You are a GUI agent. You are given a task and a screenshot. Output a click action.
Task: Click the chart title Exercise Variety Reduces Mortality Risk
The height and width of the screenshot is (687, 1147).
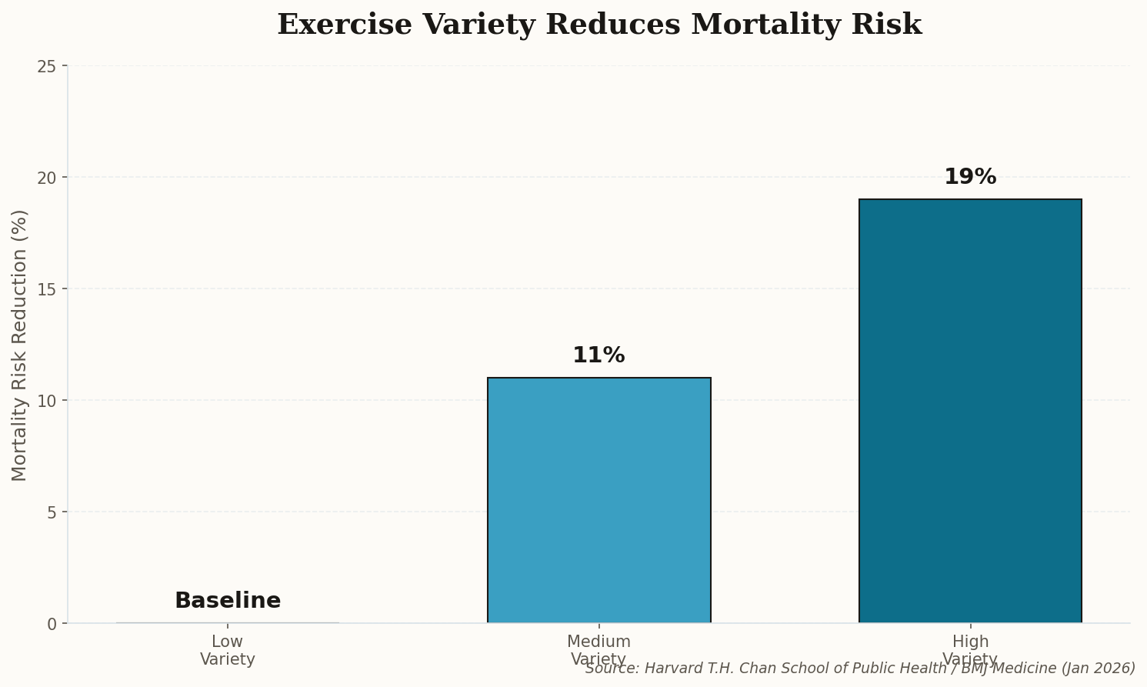pyautogui.click(x=599, y=25)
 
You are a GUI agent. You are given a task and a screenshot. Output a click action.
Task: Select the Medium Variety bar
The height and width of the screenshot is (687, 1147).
pyautogui.click(x=599, y=500)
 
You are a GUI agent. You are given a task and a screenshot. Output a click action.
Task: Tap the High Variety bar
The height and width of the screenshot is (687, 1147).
pyautogui.click(x=970, y=411)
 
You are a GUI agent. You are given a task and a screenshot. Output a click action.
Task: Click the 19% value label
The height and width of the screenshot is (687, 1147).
pyautogui.click(x=970, y=177)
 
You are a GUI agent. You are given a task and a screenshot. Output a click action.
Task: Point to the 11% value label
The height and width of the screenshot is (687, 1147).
pyautogui.click(x=599, y=355)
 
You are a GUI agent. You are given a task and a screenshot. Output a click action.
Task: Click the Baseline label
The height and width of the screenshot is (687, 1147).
pyautogui.click(x=228, y=601)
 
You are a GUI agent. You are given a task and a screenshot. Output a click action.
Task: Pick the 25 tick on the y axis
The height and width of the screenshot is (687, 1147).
pyautogui.click(x=47, y=66)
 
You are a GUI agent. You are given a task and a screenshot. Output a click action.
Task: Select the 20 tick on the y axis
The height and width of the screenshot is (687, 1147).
pyautogui.click(x=47, y=178)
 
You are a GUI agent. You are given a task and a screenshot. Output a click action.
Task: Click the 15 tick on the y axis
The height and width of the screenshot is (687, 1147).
pyautogui.click(x=47, y=289)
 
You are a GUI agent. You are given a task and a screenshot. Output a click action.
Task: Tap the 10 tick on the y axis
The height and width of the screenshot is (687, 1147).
pyautogui.click(x=47, y=401)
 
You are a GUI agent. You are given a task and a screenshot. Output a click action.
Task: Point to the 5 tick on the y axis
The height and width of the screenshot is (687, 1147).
pyautogui.click(x=52, y=512)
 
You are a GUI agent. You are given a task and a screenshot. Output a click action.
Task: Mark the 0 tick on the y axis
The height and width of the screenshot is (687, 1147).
pyautogui.click(x=52, y=624)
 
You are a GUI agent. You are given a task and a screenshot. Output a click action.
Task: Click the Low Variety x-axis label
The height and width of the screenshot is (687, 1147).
pyautogui.click(x=228, y=650)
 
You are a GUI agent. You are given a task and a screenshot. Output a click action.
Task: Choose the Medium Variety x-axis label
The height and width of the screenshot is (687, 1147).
pyautogui.click(x=599, y=650)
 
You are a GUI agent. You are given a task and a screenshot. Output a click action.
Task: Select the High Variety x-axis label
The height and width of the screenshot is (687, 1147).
pyautogui.click(x=970, y=650)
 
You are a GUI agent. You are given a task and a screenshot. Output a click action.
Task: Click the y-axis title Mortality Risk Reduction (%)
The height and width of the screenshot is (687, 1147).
pyautogui.click(x=20, y=345)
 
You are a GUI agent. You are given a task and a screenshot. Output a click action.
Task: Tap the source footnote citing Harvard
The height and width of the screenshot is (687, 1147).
pyautogui.click(x=860, y=668)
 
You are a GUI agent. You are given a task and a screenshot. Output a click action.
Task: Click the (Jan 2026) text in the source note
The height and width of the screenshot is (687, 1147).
pyautogui.click(x=1098, y=668)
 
